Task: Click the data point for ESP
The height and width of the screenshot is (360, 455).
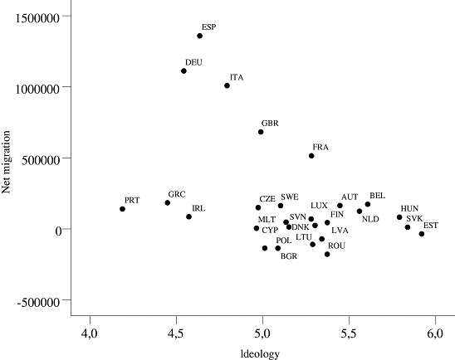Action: (x=200, y=36)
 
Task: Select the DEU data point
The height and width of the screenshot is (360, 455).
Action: (x=183, y=71)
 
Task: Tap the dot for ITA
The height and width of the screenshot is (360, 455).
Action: (x=227, y=85)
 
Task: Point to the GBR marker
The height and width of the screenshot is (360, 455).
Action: (x=261, y=132)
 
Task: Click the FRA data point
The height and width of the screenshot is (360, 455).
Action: (x=311, y=156)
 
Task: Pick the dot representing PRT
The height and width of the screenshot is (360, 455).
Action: (x=122, y=209)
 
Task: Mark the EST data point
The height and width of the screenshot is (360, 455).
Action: (x=422, y=234)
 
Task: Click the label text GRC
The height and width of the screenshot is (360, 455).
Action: (x=176, y=194)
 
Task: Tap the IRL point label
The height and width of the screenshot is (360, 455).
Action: (x=198, y=208)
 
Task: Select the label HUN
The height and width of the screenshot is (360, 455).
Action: (x=409, y=208)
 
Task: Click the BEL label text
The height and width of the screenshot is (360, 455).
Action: (x=377, y=195)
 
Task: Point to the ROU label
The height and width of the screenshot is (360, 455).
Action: (x=336, y=246)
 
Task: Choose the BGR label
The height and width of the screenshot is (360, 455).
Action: (x=289, y=256)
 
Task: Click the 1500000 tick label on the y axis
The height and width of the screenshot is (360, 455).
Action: (x=37, y=17)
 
